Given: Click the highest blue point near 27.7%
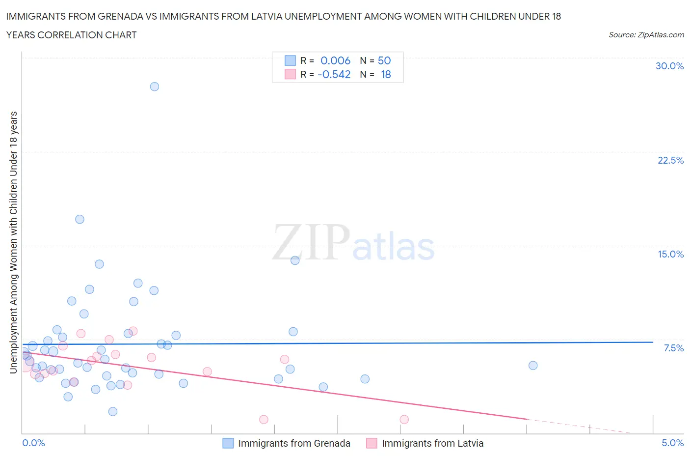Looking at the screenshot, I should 155,86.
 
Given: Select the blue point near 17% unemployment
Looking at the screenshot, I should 80,219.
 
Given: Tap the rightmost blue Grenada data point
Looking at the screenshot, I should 533,365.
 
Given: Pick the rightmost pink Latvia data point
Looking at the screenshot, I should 404,419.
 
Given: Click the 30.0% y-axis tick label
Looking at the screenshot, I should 669,66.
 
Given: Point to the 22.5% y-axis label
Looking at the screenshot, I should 670,160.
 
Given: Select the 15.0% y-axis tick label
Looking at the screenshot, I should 670,254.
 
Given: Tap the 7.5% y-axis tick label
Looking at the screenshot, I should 673,348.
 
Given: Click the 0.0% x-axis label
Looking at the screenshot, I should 34,443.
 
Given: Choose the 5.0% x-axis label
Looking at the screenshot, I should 672,443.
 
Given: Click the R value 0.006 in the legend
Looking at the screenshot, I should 335,60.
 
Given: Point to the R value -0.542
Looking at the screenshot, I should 334,74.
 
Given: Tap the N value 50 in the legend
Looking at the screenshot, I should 384,60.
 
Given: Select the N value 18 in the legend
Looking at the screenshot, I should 386,74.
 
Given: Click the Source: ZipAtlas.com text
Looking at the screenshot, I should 646,35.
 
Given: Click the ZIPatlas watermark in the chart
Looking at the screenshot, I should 353,243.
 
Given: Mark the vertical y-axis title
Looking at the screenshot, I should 14,242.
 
